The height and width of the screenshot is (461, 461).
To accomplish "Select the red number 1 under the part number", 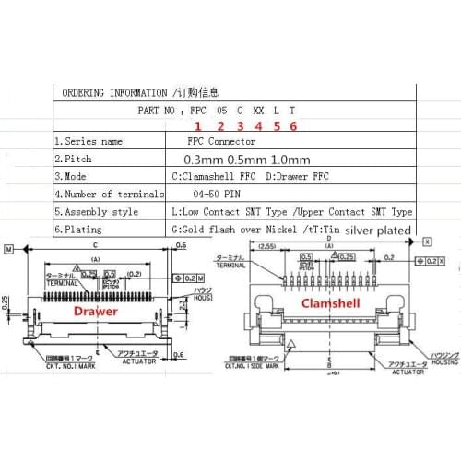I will tap(196, 125).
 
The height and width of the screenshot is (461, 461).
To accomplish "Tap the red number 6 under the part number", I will tap(293, 125).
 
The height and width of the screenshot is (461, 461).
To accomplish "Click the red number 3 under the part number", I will tap(239, 125).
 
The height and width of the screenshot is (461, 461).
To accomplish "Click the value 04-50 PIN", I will tap(219, 195).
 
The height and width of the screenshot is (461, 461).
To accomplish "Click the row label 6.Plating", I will tap(84, 228).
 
